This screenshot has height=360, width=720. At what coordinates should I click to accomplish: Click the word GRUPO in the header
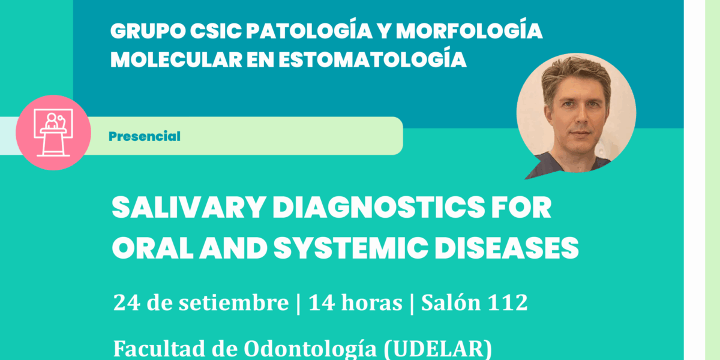148,31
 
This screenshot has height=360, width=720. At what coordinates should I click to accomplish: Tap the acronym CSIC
215,31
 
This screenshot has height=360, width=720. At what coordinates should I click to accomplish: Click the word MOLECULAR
176,60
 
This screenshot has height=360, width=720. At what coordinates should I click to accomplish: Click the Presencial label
145,136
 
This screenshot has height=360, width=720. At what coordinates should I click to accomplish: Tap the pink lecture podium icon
53,133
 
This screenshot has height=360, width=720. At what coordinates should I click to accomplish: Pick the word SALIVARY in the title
188,208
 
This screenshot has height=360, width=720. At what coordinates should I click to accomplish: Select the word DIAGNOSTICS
379,208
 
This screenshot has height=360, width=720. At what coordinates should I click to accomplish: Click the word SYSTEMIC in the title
351,248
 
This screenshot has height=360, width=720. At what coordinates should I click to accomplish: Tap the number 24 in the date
127,302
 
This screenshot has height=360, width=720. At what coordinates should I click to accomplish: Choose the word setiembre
233,302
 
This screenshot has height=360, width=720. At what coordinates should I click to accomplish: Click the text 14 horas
355,302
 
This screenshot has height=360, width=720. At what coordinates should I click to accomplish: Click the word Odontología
310,349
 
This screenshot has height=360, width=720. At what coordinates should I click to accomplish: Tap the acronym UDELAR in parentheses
437,349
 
